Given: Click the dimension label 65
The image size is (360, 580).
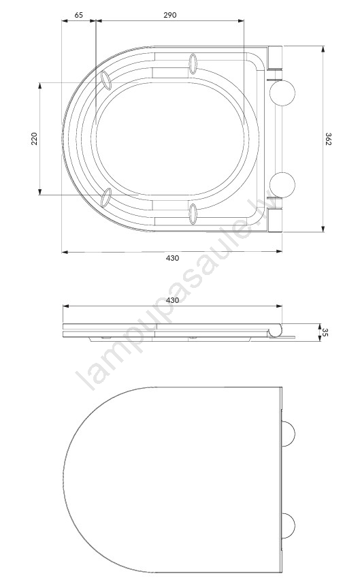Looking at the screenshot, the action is [79, 15].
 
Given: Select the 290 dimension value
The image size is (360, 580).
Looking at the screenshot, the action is [170, 15].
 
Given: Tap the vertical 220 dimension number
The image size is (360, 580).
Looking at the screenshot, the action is [35, 138].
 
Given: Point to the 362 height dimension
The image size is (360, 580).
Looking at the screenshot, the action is [328, 139].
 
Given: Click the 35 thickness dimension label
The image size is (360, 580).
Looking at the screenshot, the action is [325, 332].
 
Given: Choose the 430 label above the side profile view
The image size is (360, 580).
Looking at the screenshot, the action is [172, 300].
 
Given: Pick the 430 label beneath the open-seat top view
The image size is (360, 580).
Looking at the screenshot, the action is [172, 258].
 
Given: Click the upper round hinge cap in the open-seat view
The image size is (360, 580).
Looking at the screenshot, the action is [282, 93].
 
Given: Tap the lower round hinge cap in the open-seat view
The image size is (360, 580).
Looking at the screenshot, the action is [282, 185].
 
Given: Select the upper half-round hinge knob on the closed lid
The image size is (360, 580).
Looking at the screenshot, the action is [289, 434].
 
